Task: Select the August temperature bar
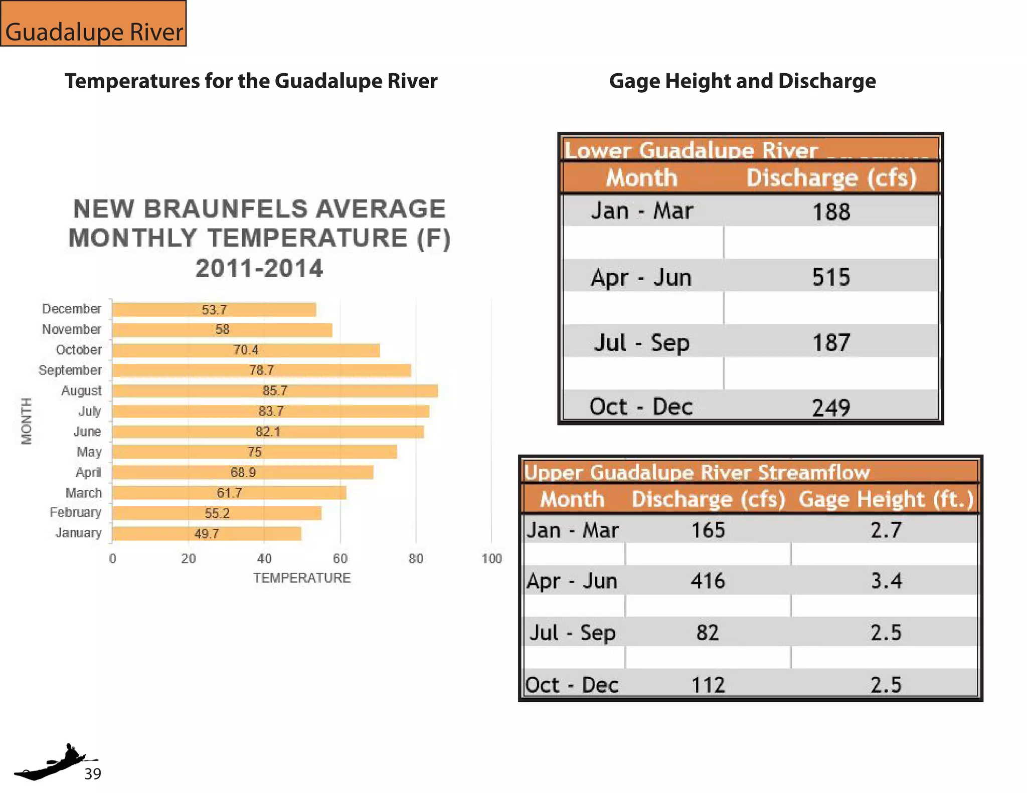[x=275, y=391]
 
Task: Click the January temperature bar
[x=206, y=534]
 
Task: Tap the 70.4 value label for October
[x=246, y=350]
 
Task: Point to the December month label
[x=71, y=309]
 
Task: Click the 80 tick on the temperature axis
[x=416, y=558]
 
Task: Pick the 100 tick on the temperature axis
[x=491, y=558]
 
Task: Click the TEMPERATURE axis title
[x=301, y=578]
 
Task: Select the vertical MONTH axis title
[x=27, y=421]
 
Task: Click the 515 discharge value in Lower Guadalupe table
[x=831, y=277]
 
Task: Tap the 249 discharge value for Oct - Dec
[x=831, y=408]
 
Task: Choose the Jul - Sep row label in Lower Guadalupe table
[x=641, y=343]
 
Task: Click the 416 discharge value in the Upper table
[x=708, y=581]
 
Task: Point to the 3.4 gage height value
[x=886, y=581]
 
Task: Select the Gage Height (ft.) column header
[x=886, y=499]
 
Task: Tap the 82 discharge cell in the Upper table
[x=708, y=633]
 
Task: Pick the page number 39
[x=93, y=774]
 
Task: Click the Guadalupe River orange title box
[x=94, y=24]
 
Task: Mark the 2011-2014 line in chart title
[x=259, y=268]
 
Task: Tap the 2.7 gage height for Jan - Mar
[x=886, y=530]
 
